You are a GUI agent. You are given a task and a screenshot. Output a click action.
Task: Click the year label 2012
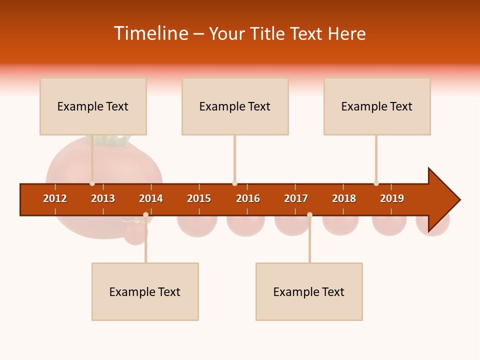click(55, 198)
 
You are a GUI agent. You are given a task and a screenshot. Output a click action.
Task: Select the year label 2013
click(103, 198)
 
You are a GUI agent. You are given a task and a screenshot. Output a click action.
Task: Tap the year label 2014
click(151, 198)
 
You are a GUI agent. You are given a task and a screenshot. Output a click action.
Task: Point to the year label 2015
click(199, 198)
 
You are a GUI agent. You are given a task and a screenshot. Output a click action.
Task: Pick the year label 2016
click(248, 198)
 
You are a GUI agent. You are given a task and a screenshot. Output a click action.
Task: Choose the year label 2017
click(296, 198)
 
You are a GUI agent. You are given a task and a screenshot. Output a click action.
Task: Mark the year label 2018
click(344, 198)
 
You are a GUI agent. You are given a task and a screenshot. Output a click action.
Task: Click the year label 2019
click(392, 198)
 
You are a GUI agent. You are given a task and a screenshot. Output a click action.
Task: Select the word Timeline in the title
click(150, 33)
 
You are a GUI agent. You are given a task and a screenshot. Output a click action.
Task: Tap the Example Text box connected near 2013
click(93, 106)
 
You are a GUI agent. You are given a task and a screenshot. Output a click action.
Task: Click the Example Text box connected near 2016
click(235, 106)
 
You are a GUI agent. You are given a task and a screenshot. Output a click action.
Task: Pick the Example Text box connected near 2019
click(377, 106)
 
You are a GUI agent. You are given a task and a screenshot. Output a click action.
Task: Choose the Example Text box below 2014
click(145, 291)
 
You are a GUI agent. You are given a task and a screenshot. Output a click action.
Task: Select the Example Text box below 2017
click(309, 291)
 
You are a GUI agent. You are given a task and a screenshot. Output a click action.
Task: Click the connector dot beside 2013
click(92, 183)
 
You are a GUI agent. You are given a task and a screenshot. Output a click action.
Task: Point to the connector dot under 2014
click(145, 215)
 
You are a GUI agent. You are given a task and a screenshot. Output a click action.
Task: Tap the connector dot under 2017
click(309, 215)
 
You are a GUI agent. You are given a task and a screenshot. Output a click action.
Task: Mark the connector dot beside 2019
click(376, 183)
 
